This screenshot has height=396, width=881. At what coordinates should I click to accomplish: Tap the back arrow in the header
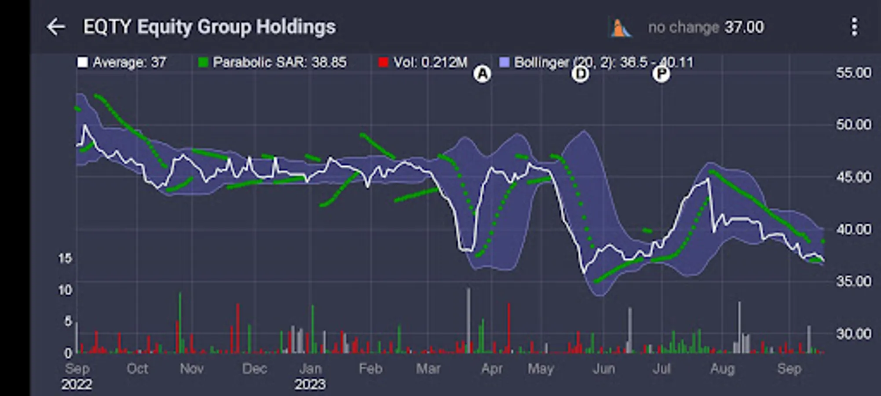coord(56,27)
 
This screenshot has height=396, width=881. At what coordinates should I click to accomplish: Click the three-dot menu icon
coord(854,27)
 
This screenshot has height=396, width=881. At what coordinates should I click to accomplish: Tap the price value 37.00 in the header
coord(744,27)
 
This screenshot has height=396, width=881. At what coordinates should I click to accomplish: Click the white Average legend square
coord(82,62)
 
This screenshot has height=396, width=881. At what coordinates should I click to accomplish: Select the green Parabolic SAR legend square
coord(203,62)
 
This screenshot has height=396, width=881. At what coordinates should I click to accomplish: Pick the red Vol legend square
coord(383,62)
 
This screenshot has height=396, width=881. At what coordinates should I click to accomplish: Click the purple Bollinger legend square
coord(504,62)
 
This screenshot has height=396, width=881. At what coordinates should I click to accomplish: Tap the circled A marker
coord(483,74)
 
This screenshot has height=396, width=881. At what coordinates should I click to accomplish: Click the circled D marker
coord(581,74)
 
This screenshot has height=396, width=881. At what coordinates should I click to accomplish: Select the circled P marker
coord(661,74)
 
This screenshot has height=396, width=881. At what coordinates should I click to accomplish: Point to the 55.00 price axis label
coord(853,73)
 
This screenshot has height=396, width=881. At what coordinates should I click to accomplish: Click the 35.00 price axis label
coord(853,281)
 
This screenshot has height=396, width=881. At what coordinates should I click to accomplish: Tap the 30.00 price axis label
coord(853,334)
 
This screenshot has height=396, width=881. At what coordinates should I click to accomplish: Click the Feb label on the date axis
coord(370,369)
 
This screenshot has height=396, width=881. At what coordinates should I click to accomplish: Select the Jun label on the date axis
coord(603,369)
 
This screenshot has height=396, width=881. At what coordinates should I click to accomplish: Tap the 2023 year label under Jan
coord(310,385)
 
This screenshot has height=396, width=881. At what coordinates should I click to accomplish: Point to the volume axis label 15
coord(65,258)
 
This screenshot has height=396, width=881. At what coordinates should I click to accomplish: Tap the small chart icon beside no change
coord(620,28)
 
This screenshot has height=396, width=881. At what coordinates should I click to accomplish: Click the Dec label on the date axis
coord(254,369)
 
